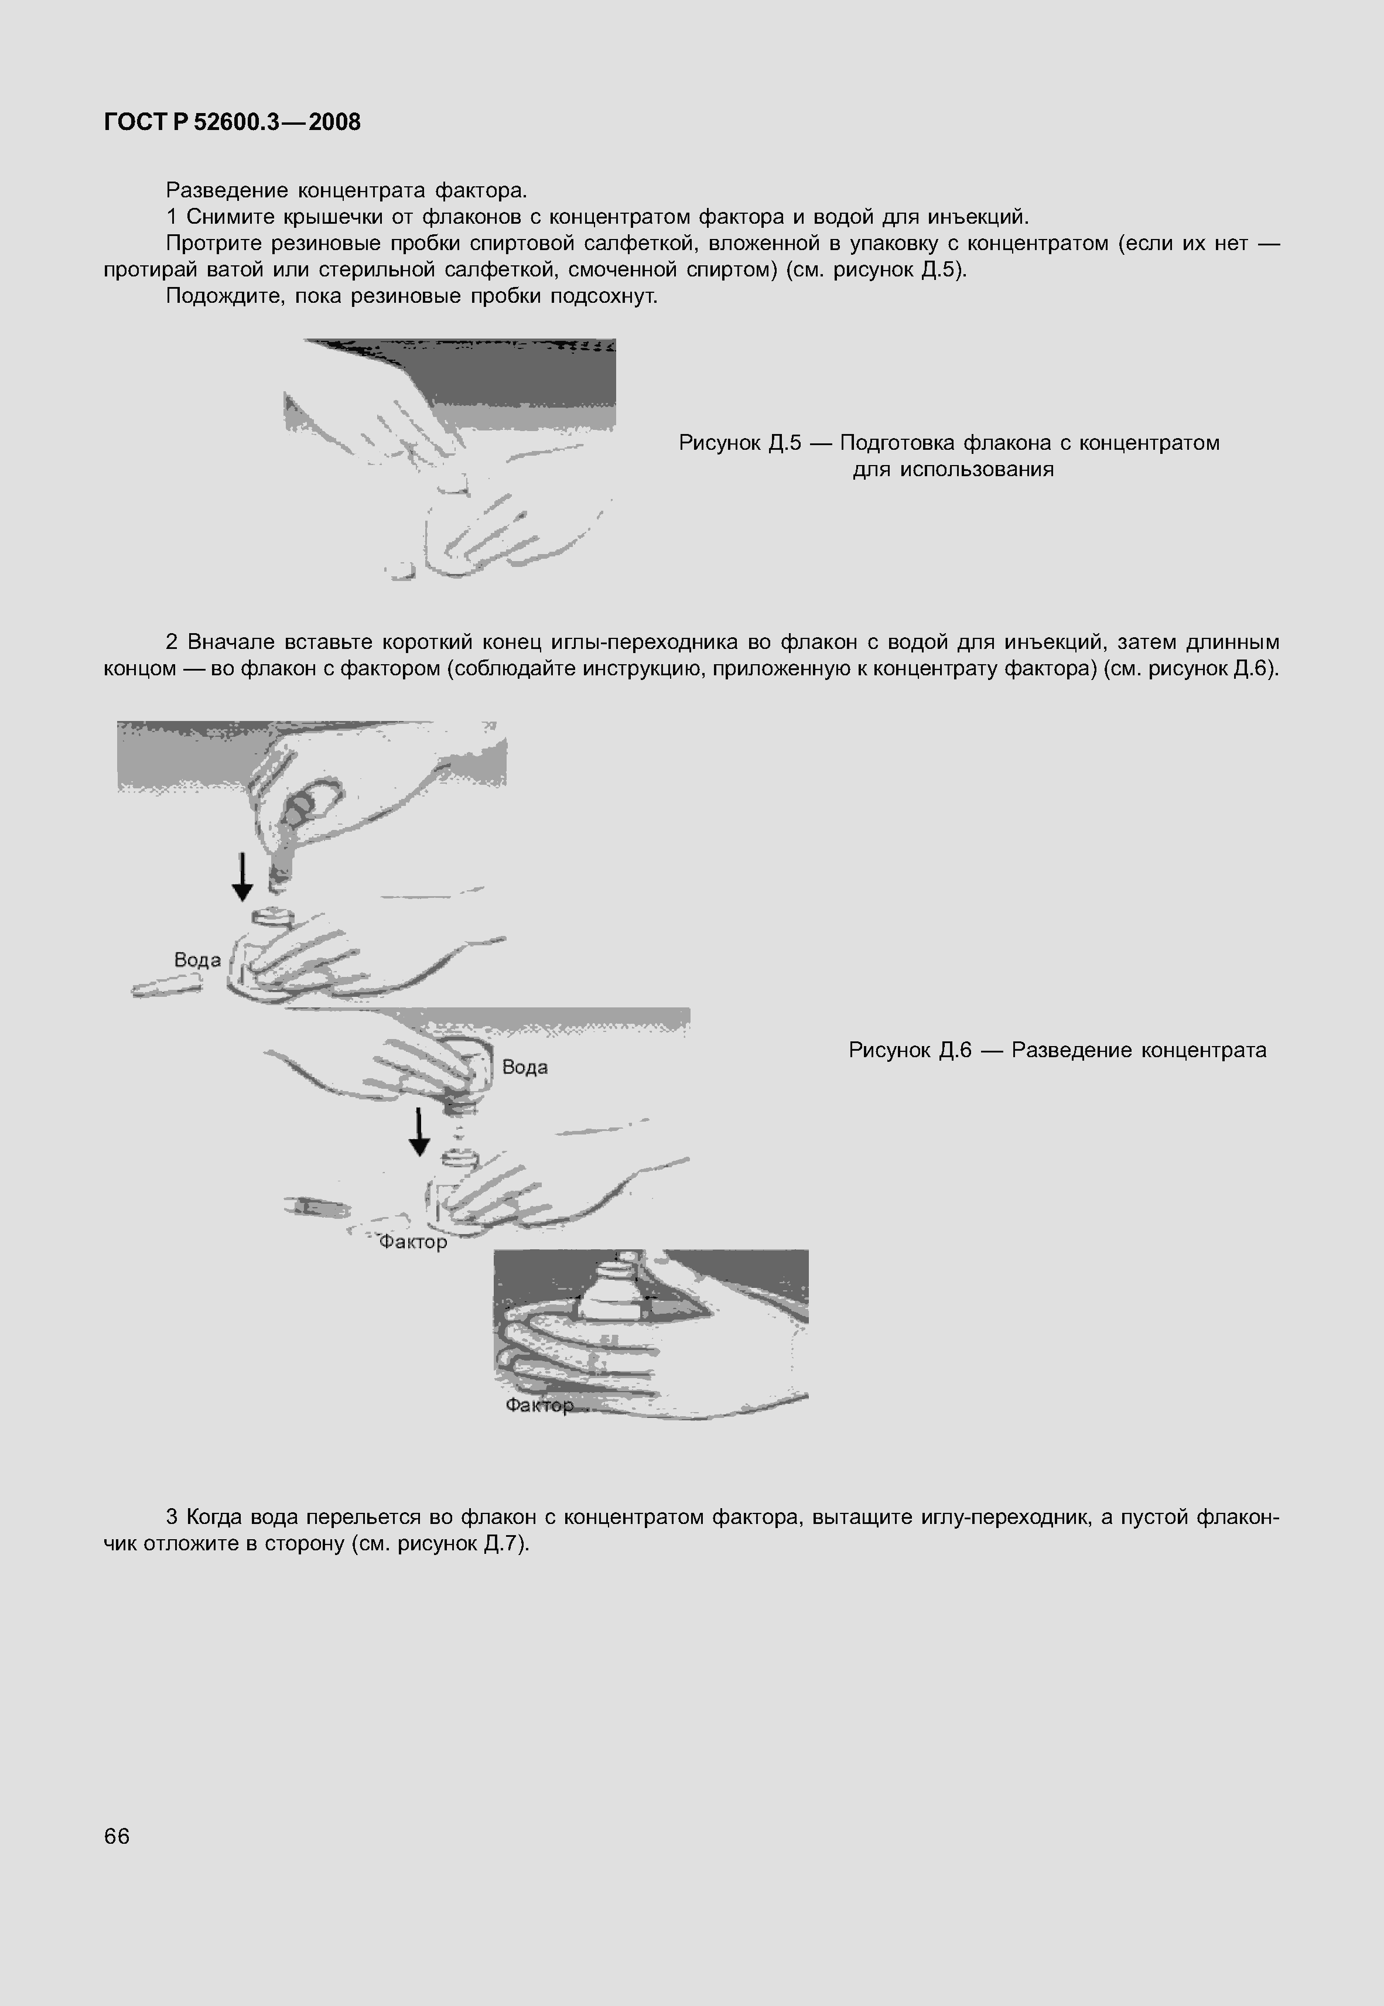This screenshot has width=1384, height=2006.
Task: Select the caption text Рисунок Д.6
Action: [909, 1050]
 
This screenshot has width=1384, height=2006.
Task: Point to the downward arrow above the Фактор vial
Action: [419, 1132]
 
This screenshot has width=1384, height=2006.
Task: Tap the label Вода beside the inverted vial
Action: [525, 1067]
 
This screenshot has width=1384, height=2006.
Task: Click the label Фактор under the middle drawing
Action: [413, 1242]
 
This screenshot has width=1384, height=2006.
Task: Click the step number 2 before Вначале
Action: [172, 641]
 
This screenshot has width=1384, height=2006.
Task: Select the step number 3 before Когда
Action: [172, 1516]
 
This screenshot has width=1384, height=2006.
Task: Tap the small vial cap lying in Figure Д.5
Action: [400, 569]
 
